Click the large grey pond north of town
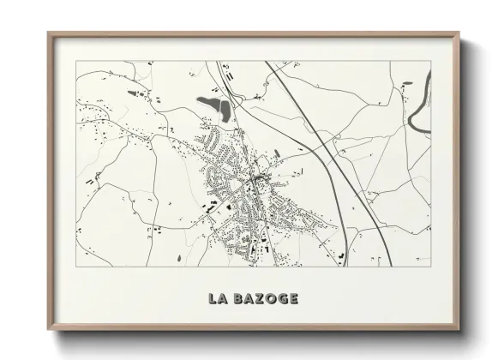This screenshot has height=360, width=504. pos(215,106)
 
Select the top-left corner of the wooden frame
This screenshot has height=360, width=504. pos(48,33)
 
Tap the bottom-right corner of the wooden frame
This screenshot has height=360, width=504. pos(459,330)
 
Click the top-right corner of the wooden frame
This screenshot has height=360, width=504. pos(459,33)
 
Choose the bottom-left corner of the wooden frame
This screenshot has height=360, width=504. pos(48,330)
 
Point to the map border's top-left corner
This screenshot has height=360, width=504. pos(75,61)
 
